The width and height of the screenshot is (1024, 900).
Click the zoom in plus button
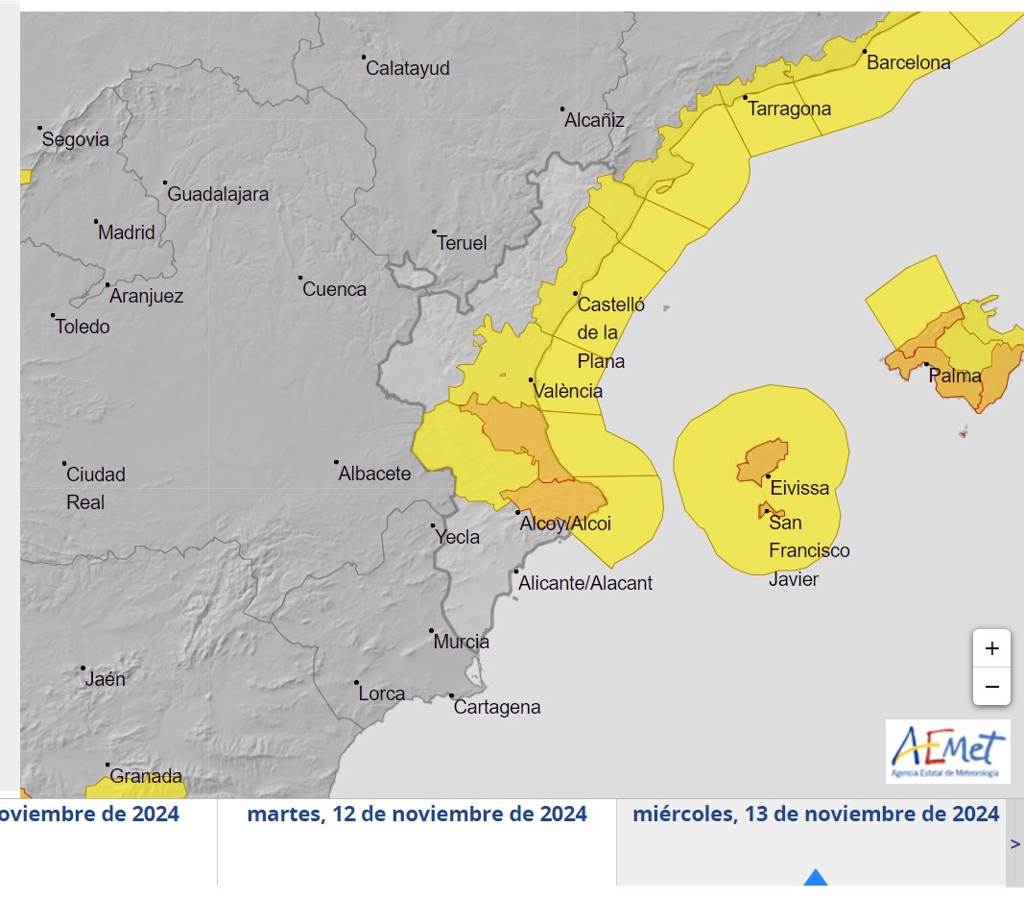[x=991, y=648]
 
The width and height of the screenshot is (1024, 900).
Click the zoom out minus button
[x=991, y=687]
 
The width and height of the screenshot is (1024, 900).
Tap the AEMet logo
[x=947, y=750]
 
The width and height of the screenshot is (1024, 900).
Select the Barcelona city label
[x=908, y=63]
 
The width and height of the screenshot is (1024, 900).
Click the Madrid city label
[x=127, y=232]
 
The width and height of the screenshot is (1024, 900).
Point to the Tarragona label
[x=789, y=109]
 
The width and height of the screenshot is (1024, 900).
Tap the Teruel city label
[x=462, y=244]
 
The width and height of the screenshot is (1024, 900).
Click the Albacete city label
[x=374, y=474]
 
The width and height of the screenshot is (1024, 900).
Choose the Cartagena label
[x=496, y=708]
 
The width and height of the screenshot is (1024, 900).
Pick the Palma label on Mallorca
[x=955, y=376]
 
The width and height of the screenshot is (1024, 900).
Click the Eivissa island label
[x=799, y=488]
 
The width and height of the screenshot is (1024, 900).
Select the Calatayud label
[x=408, y=69]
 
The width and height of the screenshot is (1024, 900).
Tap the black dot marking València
[x=531, y=380]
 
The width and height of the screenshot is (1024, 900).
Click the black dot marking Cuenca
[x=299, y=279]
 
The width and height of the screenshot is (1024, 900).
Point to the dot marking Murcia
[x=431, y=631]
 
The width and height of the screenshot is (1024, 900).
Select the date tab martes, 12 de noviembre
[x=417, y=815]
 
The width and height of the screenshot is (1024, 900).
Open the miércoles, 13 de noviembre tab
[x=815, y=815]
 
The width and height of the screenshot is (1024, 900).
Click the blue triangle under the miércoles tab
[x=815, y=877]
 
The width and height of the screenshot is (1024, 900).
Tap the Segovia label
[x=76, y=140]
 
